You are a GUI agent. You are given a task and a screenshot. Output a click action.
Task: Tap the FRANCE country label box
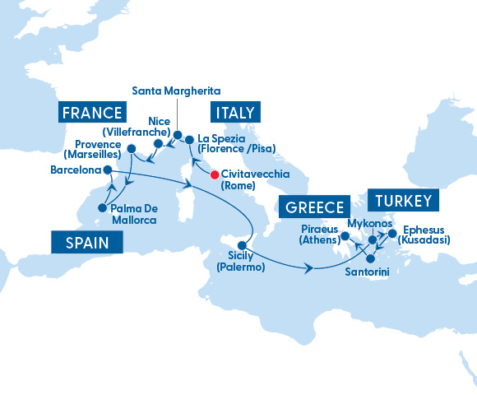click(90, 113)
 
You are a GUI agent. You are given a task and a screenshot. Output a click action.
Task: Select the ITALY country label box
click(234, 113)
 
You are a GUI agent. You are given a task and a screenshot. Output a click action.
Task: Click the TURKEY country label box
click(403, 201)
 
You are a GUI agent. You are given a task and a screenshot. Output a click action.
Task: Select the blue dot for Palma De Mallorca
click(102, 208)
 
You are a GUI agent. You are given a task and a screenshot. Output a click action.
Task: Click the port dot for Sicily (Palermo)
click(243, 245)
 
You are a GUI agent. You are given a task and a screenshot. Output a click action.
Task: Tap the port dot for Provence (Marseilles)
click(131, 150)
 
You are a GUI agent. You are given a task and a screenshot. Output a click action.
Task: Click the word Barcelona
click(75, 171)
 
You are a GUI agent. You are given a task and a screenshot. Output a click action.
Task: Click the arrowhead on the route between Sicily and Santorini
click(309, 268)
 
